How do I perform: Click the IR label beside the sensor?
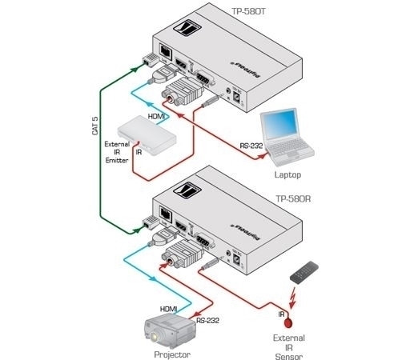[x=282, y=314]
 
